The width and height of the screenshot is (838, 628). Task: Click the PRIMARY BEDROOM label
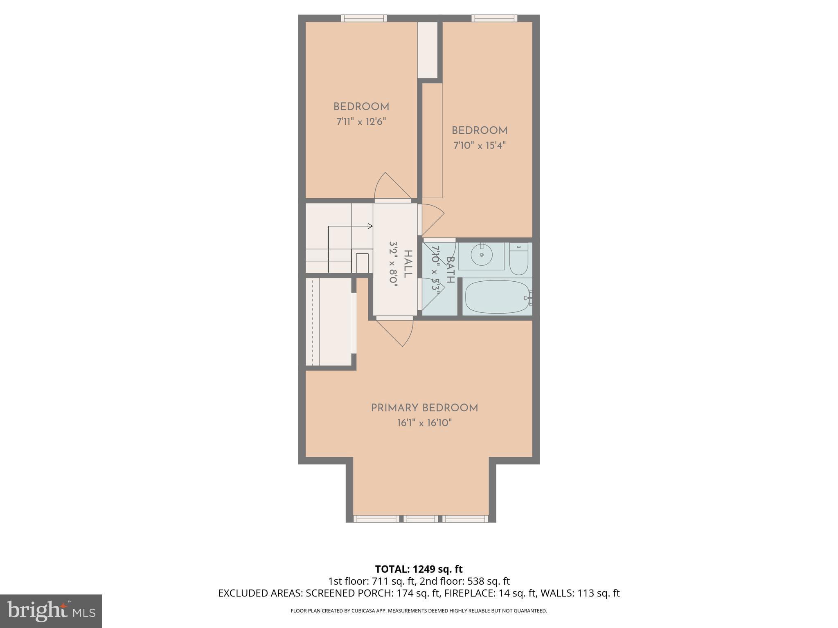[424, 408]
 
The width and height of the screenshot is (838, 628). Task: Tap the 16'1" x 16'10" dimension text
[424, 423]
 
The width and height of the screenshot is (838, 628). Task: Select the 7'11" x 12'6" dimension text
[361, 121]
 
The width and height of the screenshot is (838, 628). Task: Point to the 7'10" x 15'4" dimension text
[480, 146]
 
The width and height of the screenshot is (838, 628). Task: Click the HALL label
[407, 264]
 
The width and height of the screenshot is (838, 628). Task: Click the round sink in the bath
[481, 255]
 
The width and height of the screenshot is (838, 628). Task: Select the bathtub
[497, 297]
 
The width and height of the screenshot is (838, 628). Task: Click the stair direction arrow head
[370, 226]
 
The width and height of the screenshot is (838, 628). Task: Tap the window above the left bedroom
[364, 18]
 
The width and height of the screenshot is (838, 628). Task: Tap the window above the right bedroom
[494, 18]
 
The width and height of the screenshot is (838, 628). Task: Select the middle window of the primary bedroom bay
[421, 519]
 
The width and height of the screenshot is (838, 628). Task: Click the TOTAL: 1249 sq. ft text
[419, 569]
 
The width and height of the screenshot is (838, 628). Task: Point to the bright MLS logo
[51, 611]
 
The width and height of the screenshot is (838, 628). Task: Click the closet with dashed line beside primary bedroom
[329, 322]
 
